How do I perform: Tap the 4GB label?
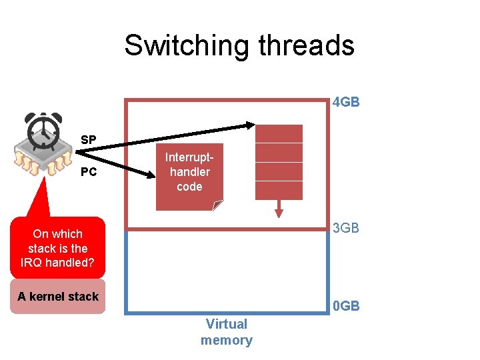pyautogui.click(x=346, y=103)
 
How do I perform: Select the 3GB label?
pyautogui.click(x=346, y=228)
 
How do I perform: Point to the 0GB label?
pyautogui.click(x=346, y=306)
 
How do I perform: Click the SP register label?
pyautogui.click(x=88, y=140)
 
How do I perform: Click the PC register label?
pyautogui.click(x=88, y=172)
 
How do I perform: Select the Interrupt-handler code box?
pyautogui.click(x=189, y=177)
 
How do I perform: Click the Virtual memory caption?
pyautogui.click(x=226, y=332)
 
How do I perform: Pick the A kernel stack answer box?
pyautogui.click(x=58, y=297)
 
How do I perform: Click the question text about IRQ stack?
pyautogui.click(x=58, y=248)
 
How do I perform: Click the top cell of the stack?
pyautogui.click(x=279, y=133)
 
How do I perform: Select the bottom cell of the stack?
pyautogui.click(x=279, y=191)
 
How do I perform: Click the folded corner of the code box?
pyautogui.click(x=217, y=205)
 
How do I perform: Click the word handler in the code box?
pyautogui.click(x=189, y=172)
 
